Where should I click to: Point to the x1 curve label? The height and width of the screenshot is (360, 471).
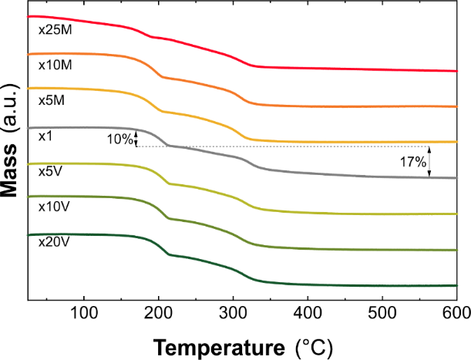point(45,136)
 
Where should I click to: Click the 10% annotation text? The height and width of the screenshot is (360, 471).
point(119,139)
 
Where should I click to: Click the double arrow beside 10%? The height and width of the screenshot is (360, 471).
point(136,138)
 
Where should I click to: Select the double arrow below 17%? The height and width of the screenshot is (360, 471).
point(430,162)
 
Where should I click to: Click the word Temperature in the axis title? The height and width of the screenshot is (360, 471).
point(220,343)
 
